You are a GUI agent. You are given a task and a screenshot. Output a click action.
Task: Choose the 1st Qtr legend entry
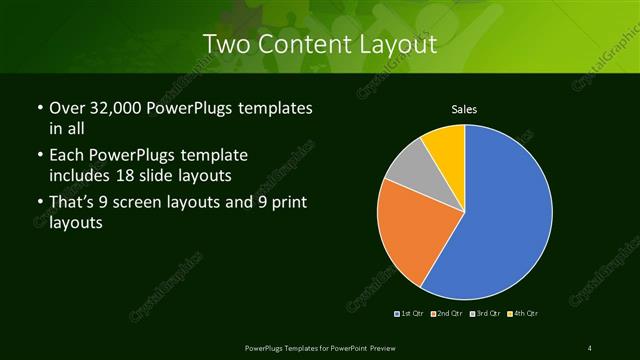[411, 314]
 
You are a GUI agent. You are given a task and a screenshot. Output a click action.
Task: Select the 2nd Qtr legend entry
[448, 314]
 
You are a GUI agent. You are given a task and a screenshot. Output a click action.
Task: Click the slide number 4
[590, 347]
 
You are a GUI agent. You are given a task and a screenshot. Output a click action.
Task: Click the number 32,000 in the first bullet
[117, 108]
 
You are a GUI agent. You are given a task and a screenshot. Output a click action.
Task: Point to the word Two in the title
[222, 44]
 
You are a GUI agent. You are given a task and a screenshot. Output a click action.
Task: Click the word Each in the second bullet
[67, 156]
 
